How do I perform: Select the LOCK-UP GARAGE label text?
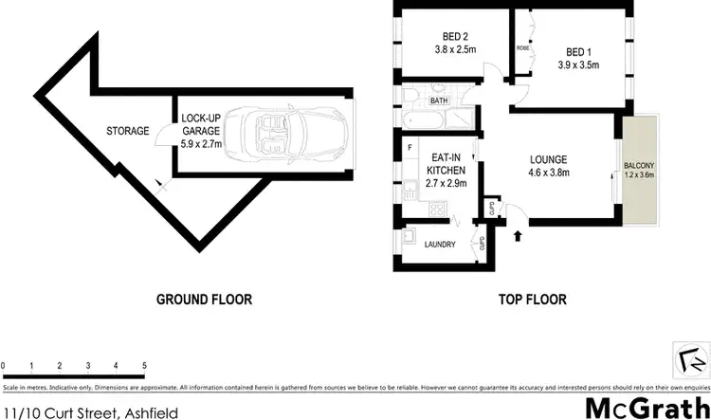200,125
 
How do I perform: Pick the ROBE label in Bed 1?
521,46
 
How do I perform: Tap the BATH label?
439,100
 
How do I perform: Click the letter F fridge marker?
408,148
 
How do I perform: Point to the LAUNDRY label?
440,245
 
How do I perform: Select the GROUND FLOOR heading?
204,300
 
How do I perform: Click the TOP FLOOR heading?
532,300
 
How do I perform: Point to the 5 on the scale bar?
144,365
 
